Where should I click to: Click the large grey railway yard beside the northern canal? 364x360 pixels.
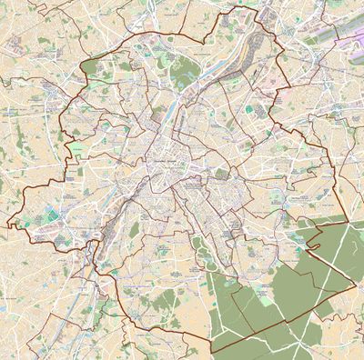click(x=213, y=76)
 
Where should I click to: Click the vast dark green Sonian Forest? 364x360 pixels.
click(x=300, y=273)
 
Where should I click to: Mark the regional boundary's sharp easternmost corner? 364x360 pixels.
click(x=354, y=284)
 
